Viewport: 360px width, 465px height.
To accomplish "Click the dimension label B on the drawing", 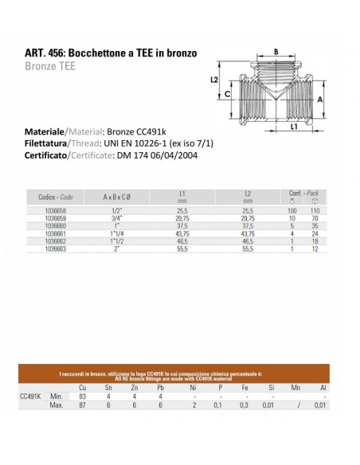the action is click(276, 52).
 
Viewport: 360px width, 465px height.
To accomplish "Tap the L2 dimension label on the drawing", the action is click(214, 80).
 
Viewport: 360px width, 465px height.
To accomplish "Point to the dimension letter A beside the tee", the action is click(320, 100).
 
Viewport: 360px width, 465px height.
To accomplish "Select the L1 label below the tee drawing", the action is click(294, 127).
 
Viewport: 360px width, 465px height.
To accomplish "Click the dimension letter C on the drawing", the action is click(227, 94).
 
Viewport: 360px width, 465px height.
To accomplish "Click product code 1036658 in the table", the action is click(56, 211).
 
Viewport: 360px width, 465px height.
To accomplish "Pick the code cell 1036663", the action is click(56, 248).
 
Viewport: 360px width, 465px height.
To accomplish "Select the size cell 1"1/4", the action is click(116, 233).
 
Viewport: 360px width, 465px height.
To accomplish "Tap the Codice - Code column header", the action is click(56, 197).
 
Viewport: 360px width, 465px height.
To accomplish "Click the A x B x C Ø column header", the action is click(116, 197).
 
